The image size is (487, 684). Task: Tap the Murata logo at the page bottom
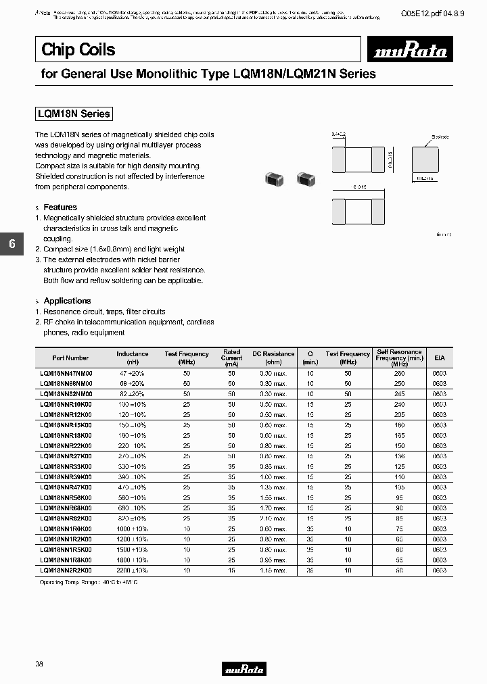point(243,669)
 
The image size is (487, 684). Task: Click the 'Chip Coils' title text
point(78,49)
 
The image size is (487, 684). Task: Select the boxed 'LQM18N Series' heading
point(73,114)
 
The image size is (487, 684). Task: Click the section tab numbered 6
point(11,245)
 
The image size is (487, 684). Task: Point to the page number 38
point(39,664)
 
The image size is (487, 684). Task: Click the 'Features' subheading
point(60,207)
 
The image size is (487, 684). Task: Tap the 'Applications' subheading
point(67,301)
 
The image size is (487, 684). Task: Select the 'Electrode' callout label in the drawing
point(440,137)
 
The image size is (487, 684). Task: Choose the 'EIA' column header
point(440,358)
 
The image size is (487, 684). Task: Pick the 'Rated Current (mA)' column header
point(231,358)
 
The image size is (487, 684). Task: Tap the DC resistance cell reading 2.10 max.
point(274,518)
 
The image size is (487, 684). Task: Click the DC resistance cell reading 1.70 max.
point(274,508)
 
